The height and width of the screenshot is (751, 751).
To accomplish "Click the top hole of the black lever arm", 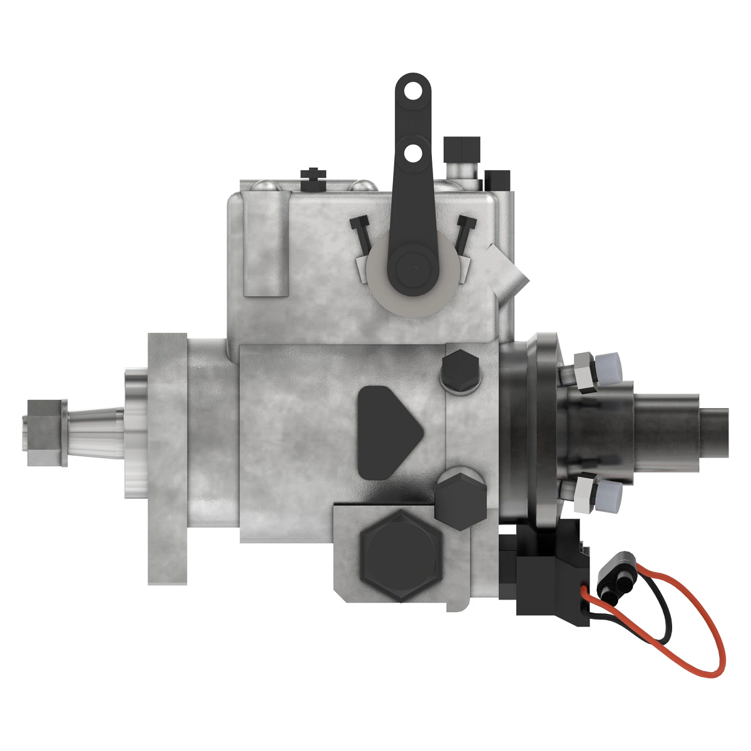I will [412, 91].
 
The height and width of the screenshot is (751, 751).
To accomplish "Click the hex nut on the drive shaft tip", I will [45, 433].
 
